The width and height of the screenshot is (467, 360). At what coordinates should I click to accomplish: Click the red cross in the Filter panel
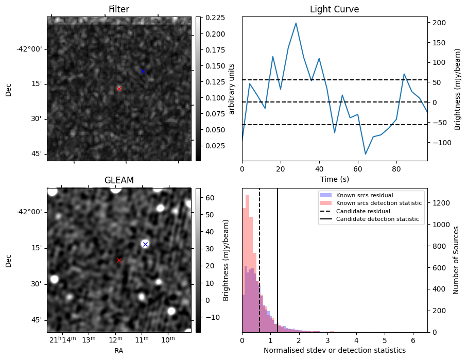tap(119, 89)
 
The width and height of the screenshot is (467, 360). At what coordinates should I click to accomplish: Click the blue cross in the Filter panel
tap(143, 71)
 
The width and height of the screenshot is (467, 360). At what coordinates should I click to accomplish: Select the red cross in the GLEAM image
tap(119, 261)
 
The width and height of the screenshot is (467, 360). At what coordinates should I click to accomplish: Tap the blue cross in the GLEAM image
tap(145, 244)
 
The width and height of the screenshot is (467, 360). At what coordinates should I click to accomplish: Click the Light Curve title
tap(334, 9)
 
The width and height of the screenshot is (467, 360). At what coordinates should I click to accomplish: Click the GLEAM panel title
tap(119, 180)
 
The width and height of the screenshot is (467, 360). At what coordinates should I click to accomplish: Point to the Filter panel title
tap(119, 9)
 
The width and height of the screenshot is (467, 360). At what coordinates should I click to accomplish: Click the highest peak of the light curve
tap(296, 23)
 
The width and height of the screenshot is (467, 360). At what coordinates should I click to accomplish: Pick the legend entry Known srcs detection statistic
tap(378, 203)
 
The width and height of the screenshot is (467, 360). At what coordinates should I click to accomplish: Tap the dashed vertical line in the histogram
tap(260, 268)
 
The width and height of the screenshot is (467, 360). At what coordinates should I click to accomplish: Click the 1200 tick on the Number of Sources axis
tap(440, 203)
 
